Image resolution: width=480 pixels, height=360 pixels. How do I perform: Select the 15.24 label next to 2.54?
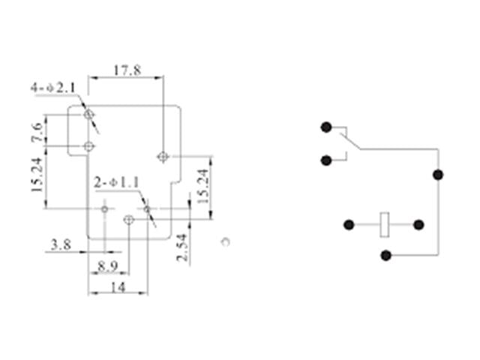202,184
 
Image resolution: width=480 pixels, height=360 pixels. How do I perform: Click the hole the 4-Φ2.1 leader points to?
89,115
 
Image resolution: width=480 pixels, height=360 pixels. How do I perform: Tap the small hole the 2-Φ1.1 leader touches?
147,208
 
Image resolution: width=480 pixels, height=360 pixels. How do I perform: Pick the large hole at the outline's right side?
163,156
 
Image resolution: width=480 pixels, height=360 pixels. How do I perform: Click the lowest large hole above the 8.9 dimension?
128,220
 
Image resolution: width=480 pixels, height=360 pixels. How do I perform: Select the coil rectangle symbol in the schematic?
385,224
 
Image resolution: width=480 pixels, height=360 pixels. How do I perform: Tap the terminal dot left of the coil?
349,224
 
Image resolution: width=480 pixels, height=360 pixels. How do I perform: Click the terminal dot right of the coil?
418,224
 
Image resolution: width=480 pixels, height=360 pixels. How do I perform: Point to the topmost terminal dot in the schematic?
326,127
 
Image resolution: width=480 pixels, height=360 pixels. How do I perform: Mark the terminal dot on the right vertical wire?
438,175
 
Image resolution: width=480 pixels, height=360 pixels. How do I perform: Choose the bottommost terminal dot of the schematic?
385,255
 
